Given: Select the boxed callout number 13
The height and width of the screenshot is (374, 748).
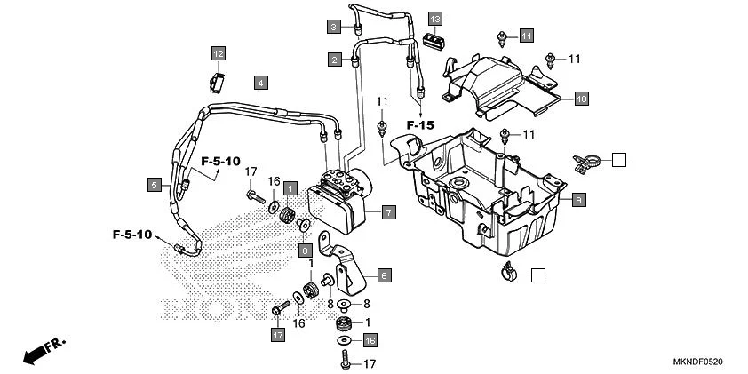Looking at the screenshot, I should point(434,19).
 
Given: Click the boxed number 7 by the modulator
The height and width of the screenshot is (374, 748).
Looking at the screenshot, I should point(388,212).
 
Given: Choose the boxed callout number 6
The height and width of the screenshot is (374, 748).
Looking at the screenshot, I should point(384,275).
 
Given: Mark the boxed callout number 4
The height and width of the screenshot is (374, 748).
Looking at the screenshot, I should point(260,83).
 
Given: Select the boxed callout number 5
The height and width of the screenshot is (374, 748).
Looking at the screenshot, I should point(155,185).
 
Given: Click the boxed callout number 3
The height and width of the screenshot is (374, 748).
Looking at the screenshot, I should point(334,27).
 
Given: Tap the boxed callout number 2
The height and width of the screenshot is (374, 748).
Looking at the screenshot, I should point(334,60).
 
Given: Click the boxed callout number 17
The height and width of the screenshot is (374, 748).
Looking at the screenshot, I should point(278,335).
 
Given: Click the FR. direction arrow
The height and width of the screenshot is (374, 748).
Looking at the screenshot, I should point(36,352).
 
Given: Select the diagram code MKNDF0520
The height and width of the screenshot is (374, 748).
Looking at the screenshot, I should point(698,362).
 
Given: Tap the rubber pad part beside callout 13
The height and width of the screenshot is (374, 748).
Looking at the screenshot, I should point(434,41).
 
